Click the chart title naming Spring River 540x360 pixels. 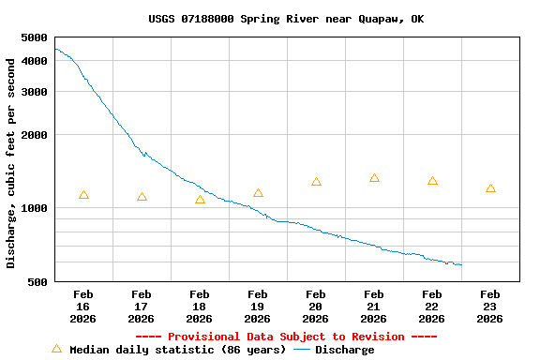286,19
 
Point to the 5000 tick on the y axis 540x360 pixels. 34,37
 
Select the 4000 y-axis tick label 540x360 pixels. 34,61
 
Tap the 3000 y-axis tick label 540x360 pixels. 34,92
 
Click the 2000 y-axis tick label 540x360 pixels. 34,135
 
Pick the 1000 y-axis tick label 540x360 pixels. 34,208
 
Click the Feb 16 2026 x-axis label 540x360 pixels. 83,307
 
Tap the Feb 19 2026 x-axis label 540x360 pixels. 258,307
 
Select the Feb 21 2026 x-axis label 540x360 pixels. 374,307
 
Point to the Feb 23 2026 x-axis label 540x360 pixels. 490,307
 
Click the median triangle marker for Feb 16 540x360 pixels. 84,195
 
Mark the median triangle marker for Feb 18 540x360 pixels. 201,200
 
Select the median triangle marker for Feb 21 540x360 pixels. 375,178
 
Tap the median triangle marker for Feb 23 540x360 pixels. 491,188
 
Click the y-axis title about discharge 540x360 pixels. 11,163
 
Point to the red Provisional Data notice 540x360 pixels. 286,337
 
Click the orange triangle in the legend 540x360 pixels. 56,349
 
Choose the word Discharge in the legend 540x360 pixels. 344,350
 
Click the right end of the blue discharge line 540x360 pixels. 461,264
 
